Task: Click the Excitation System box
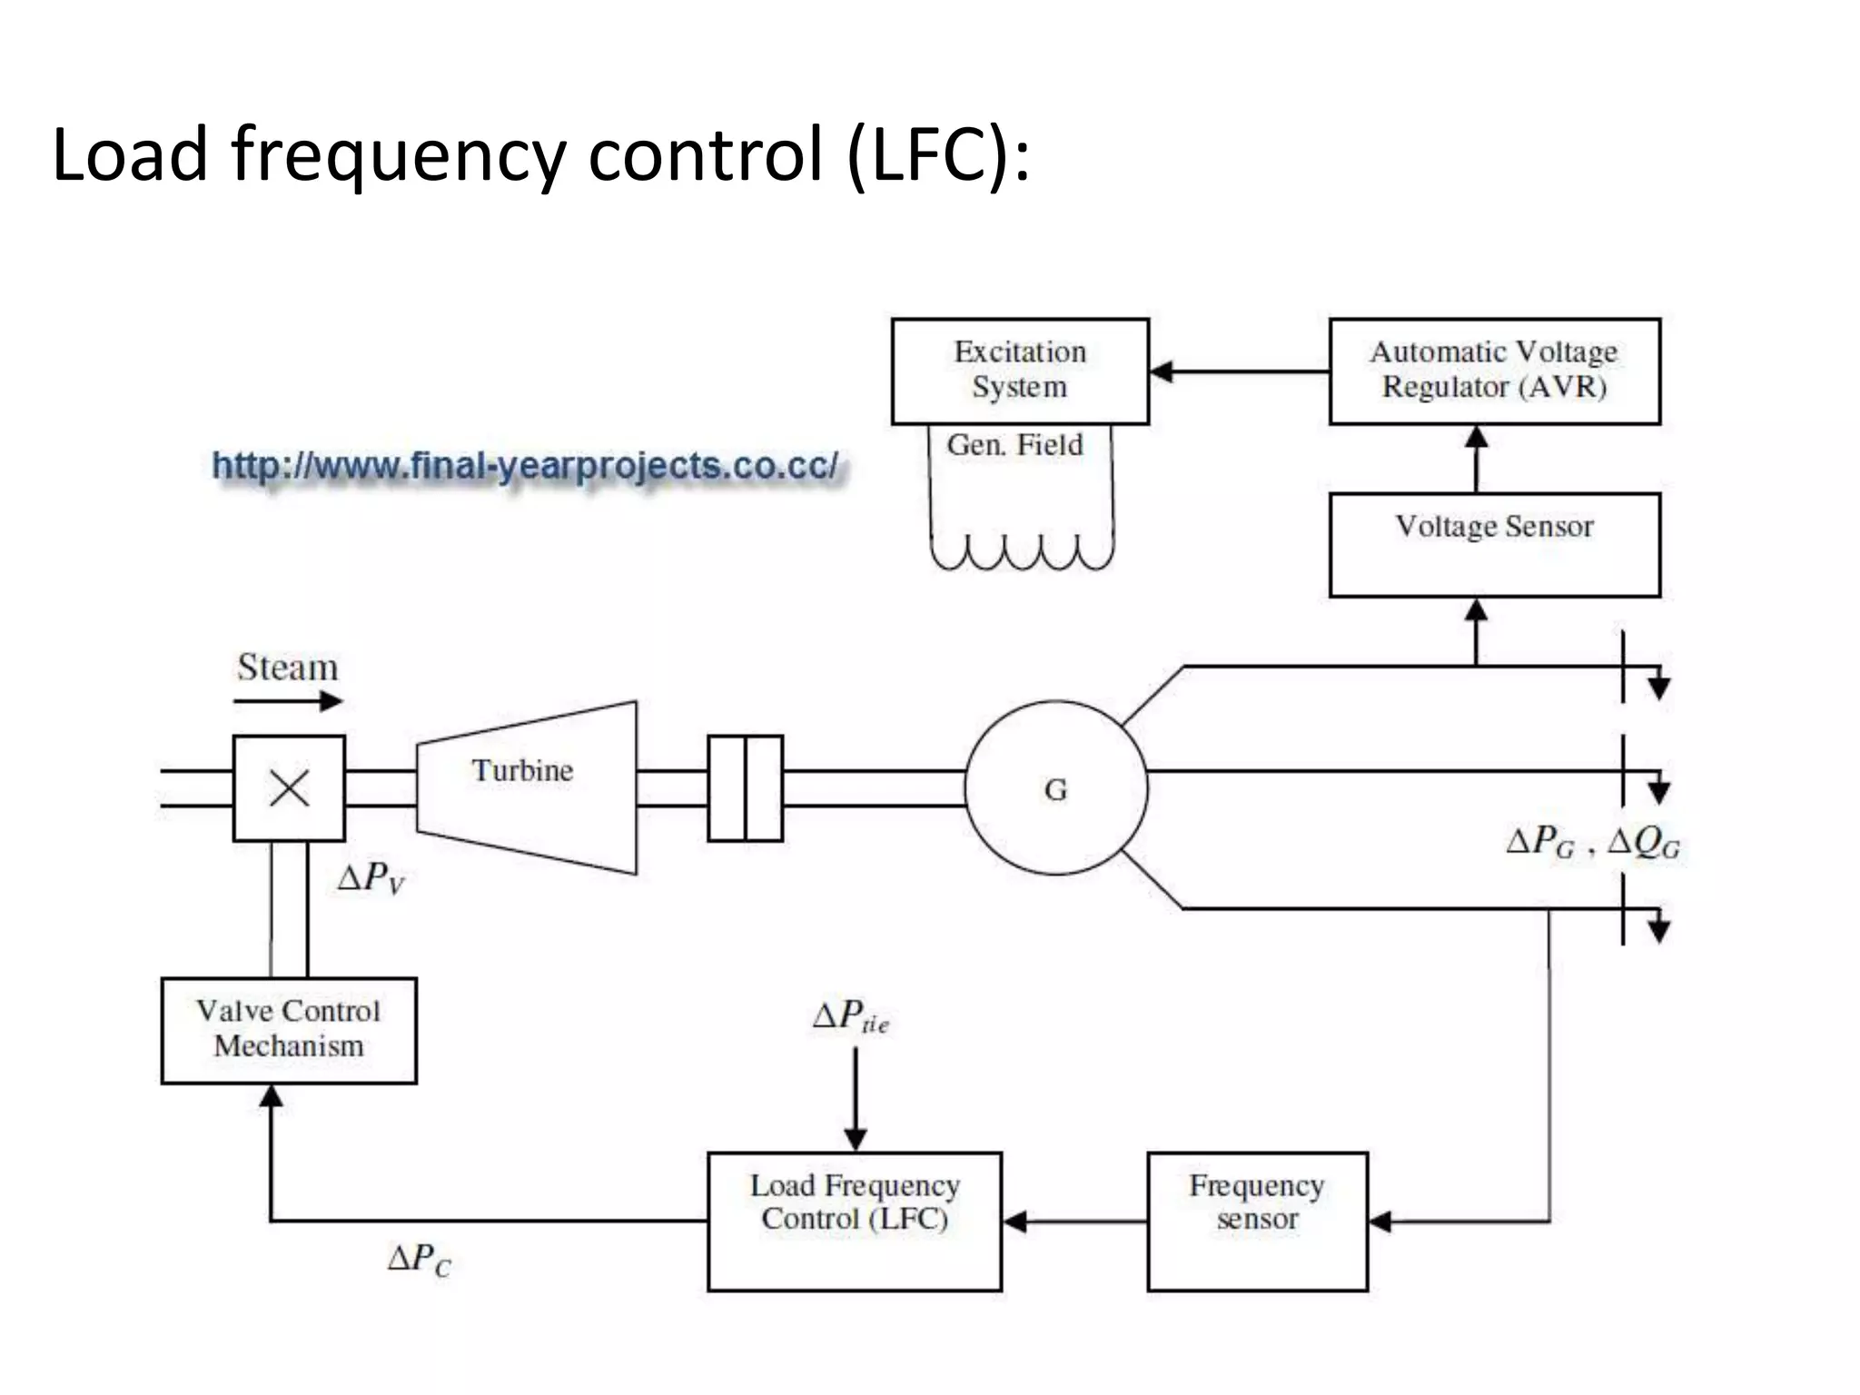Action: tap(1020, 371)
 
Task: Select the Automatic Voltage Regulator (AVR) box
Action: tap(1494, 371)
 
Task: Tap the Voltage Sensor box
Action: tap(1494, 544)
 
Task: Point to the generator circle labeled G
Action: tap(1055, 788)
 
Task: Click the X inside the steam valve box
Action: tap(289, 788)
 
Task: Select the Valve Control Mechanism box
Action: tap(289, 1030)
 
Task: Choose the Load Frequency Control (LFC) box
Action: tap(855, 1221)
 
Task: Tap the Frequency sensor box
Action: tap(1257, 1221)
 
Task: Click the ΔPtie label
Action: tap(850, 1017)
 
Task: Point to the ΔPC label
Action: tap(419, 1260)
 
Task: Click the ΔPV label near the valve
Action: tap(371, 879)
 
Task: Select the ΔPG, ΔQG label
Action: tap(1592, 843)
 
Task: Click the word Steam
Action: tap(288, 668)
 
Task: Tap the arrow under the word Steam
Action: tap(288, 701)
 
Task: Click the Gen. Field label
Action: tap(1014, 445)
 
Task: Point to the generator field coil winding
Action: tap(1022, 551)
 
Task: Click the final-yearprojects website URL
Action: tap(525, 466)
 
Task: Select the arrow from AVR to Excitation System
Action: tap(1239, 371)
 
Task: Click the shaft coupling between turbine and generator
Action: tap(745, 788)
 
